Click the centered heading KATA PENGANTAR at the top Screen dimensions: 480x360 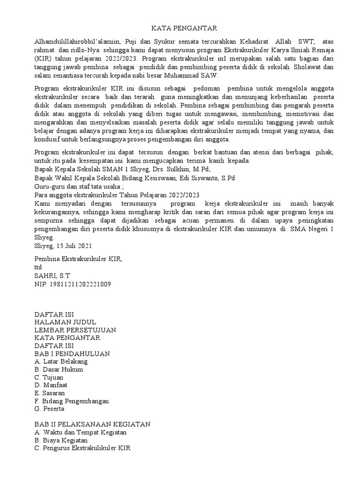(180, 29)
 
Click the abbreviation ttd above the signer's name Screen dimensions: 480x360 (39, 267)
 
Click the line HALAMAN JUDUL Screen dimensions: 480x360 (66, 322)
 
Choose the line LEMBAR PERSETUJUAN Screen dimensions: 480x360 (75, 330)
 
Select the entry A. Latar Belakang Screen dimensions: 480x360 (61, 361)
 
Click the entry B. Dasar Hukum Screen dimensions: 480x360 (59, 369)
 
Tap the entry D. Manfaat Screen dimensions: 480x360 (52, 385)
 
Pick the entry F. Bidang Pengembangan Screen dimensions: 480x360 (72, 401)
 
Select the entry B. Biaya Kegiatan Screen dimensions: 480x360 (61, 440)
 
